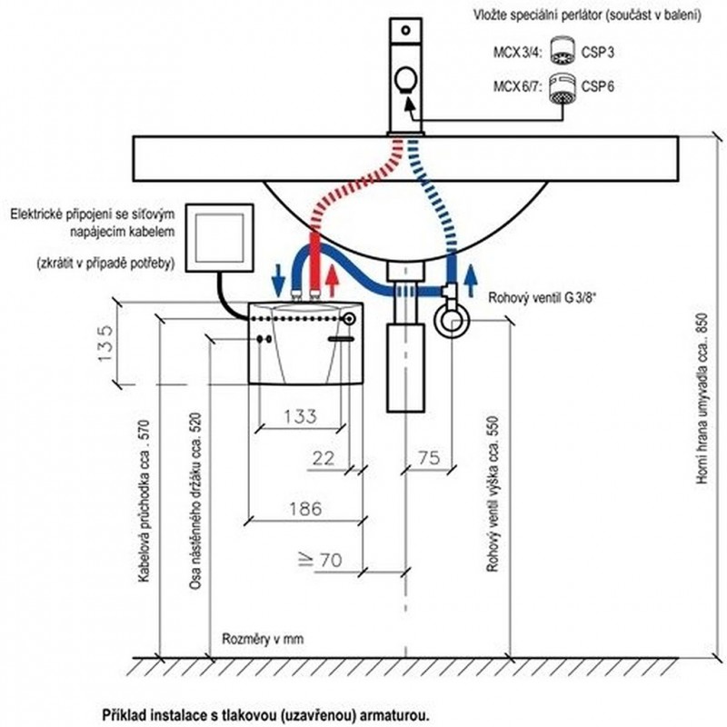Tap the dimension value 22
(324, 459)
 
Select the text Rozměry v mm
(262, 639)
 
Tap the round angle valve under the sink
(452, 321)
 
